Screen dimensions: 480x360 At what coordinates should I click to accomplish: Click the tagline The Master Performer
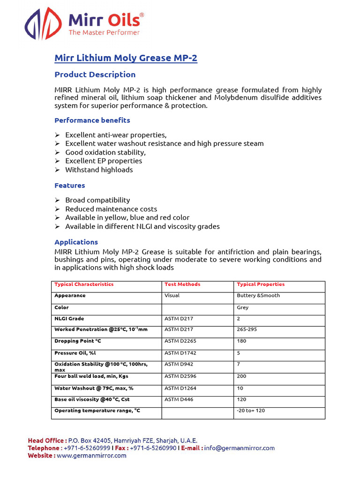point(104,32)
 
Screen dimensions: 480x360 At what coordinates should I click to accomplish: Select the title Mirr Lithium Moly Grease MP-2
point(126,58)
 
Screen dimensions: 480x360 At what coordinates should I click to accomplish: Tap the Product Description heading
point(95,75)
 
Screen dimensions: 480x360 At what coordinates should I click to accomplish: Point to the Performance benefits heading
point(92,120)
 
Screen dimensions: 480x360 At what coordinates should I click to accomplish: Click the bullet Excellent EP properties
point(103,161)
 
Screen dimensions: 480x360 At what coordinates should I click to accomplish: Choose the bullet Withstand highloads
point(98,170)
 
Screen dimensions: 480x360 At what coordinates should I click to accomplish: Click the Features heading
point(70,186)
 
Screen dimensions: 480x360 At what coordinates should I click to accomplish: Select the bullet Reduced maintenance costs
point(111,209)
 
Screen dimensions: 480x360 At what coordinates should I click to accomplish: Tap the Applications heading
point(76,242)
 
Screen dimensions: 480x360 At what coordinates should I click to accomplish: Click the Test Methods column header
point(182,285)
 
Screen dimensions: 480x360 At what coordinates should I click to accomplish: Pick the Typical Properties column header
point(261,285)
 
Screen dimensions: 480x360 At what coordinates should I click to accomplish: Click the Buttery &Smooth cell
point(258,296)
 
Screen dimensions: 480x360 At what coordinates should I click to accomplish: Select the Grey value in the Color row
point(243,308)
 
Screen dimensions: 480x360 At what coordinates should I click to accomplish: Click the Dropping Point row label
point(77,341)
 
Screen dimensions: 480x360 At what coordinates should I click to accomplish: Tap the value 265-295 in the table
point(247,330)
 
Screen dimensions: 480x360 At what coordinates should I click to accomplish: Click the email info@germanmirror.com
point(240,448)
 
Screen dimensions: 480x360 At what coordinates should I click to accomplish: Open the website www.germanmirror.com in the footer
point(91,456)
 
